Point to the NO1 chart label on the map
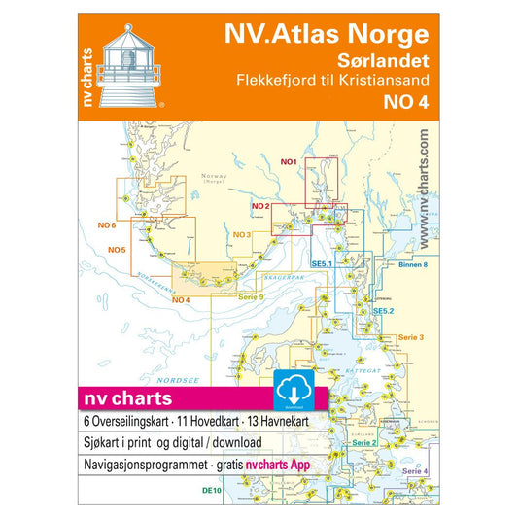point(287,161)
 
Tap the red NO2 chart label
point(259,207)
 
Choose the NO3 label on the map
point(242,235)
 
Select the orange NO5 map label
point(117,251)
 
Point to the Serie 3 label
point(412,336)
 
